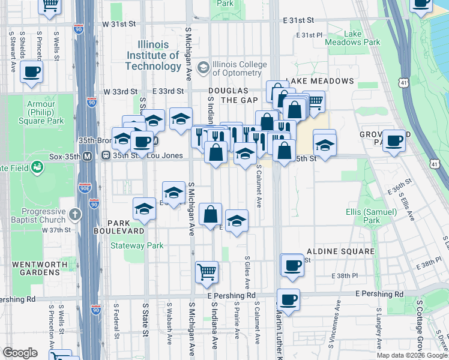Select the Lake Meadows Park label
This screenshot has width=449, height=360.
tap(352, 38)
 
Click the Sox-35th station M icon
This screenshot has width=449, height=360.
tap(87, 157)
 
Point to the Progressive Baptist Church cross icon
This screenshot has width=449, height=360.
tap(75, 214)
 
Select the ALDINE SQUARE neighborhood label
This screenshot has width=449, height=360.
tap(340, 251)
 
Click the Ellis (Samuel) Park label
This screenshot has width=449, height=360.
tap(372, 216)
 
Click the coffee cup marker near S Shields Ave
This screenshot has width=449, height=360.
tap(31, 72)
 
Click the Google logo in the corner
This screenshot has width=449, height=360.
tap(20, 353)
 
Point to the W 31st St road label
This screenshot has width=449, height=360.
tap(119, 25)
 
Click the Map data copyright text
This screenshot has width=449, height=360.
tap(412, 355)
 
